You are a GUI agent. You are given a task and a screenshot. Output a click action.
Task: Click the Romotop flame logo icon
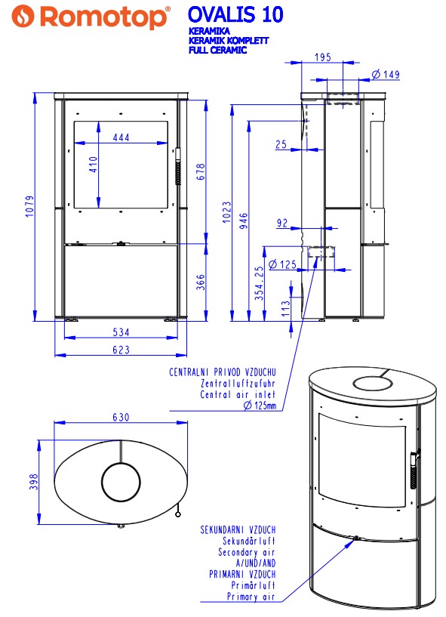23,17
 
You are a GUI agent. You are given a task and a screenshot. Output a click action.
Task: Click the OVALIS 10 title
235,14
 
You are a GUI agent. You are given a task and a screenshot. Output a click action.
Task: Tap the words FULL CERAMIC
217,50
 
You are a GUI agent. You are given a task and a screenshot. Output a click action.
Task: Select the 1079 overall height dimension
30,207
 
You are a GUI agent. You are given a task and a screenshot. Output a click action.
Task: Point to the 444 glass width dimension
121,137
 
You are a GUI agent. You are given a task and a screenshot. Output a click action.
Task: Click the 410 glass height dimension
93,165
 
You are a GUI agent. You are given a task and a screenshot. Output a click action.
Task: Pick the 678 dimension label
201,172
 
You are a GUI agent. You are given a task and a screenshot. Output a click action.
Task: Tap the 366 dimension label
201,282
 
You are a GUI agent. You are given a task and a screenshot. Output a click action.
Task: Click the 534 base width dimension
121,332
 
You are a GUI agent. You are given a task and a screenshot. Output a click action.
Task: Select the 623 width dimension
121,350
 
